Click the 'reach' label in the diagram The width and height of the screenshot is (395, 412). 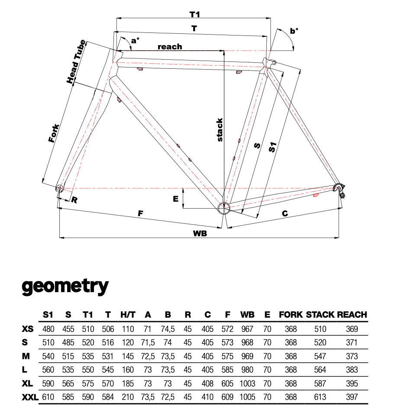click(170, 46)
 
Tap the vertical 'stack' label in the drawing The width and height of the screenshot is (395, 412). click(220, 130)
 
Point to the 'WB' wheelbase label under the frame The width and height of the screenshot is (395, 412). click(200, 233)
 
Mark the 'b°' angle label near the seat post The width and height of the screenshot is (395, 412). click(295, 31)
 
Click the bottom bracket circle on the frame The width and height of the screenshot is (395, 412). click(224, 208)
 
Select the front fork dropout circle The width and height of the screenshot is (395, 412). click(60, 188)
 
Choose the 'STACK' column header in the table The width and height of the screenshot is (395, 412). click(321, 315)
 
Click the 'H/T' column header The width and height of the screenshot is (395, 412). click(128, 315)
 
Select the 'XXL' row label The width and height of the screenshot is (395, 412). click(30, 396)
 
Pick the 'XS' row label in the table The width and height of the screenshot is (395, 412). click(27, 329)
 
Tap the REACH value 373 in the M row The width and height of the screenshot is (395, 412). click(352, 356)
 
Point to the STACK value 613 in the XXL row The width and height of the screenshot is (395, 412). click(321, 396)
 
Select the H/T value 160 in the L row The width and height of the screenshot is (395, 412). click(128, 370)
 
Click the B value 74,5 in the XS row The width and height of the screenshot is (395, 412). click(168, 329)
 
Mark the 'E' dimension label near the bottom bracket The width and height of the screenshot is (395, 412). click(175, 199)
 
